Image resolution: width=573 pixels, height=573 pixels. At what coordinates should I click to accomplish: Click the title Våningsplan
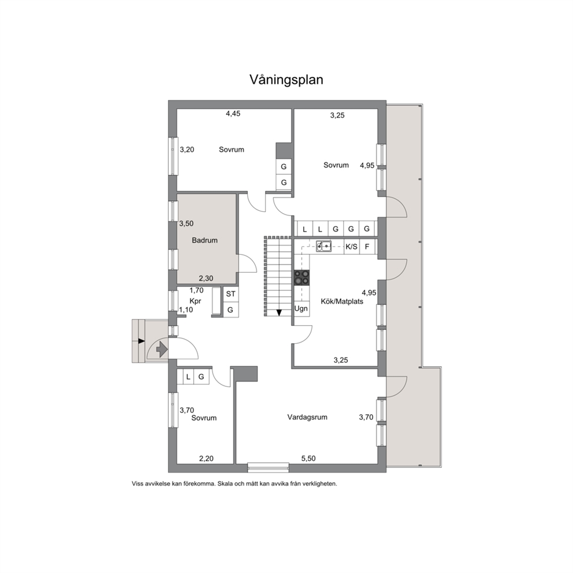286,80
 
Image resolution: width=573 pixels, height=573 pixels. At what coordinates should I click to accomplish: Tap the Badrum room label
204,240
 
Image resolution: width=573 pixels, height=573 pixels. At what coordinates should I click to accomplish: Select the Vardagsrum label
307,417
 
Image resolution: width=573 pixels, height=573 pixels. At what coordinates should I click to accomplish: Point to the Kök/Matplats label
342,302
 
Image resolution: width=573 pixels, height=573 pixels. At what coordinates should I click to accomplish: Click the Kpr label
195,301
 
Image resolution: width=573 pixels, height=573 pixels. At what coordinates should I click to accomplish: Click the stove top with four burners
302,277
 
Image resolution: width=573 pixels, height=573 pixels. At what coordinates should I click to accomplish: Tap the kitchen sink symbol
324,246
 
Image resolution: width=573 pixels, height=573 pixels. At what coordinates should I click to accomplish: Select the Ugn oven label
301,308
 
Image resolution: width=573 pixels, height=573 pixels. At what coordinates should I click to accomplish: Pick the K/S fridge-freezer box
352,247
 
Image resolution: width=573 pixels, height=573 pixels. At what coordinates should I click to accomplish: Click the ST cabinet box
231,294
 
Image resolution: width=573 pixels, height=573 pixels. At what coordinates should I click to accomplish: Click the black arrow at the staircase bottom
279,312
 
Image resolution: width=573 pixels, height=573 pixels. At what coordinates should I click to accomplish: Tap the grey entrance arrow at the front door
162,349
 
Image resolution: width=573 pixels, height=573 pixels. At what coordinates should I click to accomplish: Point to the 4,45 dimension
233,114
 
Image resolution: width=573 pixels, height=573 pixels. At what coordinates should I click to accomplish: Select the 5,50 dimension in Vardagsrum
308,458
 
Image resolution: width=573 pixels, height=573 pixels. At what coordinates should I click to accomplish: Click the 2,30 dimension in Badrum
206,278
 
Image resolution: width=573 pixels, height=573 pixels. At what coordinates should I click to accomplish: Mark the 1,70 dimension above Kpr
196,291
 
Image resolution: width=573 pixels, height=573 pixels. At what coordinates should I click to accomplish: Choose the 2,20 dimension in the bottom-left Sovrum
206,458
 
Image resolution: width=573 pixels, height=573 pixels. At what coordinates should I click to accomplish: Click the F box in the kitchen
367,247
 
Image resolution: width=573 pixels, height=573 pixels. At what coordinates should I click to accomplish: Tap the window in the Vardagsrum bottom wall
268,467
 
